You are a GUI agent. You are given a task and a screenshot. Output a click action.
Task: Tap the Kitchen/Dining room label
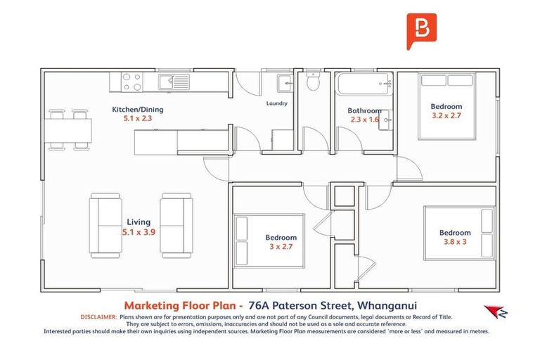pyautogui.click(x=138, y=110)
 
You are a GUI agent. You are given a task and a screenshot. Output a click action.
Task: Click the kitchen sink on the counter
pyautogui.click(x=174, y=82)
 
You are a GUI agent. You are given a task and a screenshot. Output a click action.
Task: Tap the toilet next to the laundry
pyautogui.click(x=314, y=84)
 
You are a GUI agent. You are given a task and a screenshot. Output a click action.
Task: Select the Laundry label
pyautogui.click(x=276, y=103)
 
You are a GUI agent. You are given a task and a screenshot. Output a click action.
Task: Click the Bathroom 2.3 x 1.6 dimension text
pyautogui.click(x=364, y=120)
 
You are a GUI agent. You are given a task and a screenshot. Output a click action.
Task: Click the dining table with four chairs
pyautogui.click(x=69, y=129)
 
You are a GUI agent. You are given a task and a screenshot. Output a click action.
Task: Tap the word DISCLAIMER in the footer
pyautogui.click(x=99, y=317)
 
